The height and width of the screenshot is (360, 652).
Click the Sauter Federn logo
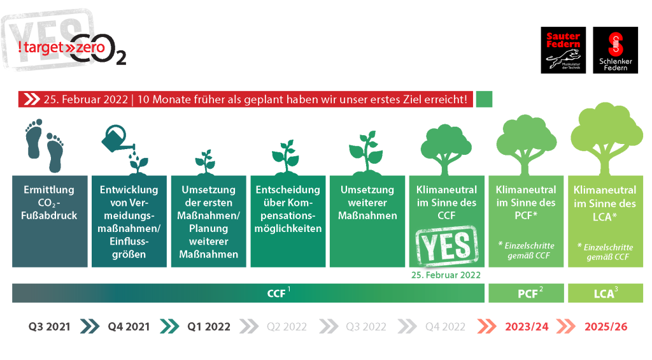(x=563, y=50)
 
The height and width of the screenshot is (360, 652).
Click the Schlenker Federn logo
(x=615, y=50)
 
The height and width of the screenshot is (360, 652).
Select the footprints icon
(x=45, y=145)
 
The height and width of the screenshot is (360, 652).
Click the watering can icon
(x=118, y=140)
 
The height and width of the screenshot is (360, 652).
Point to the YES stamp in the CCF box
(x=447, y=246)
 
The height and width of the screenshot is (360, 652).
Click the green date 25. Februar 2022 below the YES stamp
(x=446, y=275)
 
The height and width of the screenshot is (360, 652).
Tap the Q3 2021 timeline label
(x=50, y=327)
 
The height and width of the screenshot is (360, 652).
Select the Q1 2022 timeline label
(x=209, y=327)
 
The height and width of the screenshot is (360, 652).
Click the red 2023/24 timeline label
(x=527, y=327)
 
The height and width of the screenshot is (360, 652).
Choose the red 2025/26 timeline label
(x=606, y=327)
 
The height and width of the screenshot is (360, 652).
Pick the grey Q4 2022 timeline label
(x=445, y=327)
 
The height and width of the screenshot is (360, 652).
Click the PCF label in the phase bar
(x=530, y=293)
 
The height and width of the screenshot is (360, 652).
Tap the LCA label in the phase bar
(x=606, y=293)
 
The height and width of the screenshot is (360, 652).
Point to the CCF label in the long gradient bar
(x=278, y=293)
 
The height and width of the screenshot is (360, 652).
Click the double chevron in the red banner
(x=32, y=99)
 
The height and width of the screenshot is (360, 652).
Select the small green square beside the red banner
(x=484, y=99)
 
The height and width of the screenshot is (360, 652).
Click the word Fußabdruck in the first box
(x=49, y=215)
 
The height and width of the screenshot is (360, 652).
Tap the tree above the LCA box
(x=606, y=139)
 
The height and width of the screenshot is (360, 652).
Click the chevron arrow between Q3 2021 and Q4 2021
(x=89, y=327)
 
